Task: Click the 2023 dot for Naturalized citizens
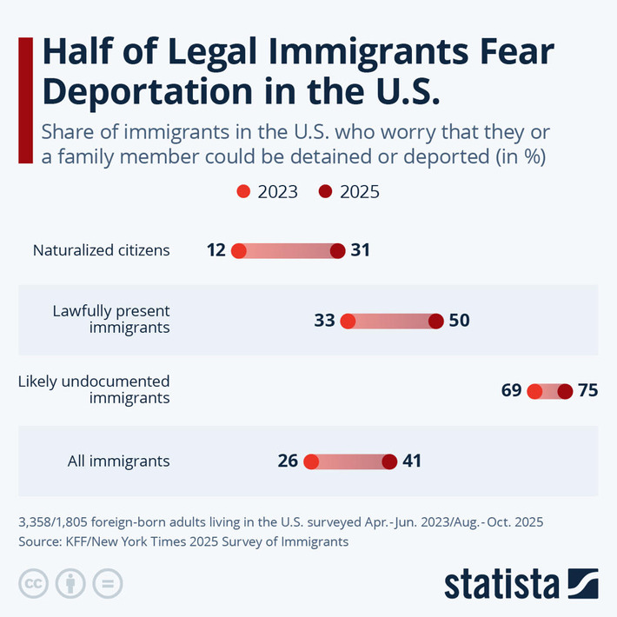239,251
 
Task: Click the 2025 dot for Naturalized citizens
338,251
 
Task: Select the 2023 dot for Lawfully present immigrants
348,322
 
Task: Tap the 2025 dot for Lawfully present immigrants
436,322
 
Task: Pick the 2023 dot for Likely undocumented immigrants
534,391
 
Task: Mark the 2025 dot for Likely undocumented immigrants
565,391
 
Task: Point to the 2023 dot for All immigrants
311,461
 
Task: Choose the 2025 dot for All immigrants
389,461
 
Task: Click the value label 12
216,251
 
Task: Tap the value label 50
459,322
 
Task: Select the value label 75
588,391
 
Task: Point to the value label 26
288,461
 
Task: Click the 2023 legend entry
268,192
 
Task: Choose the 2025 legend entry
349,192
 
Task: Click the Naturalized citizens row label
101,251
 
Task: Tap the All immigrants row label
118,461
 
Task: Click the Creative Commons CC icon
33,583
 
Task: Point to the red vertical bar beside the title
25,100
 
